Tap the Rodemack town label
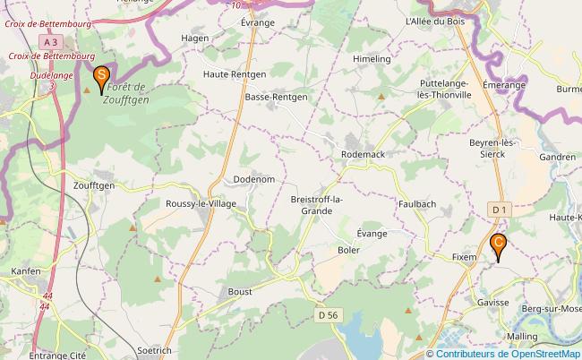363,154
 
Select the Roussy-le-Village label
201,203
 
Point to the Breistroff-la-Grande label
312,205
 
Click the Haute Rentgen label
235,73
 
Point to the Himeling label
372,58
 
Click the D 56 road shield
328,314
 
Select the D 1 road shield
499,209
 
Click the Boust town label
239,291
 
